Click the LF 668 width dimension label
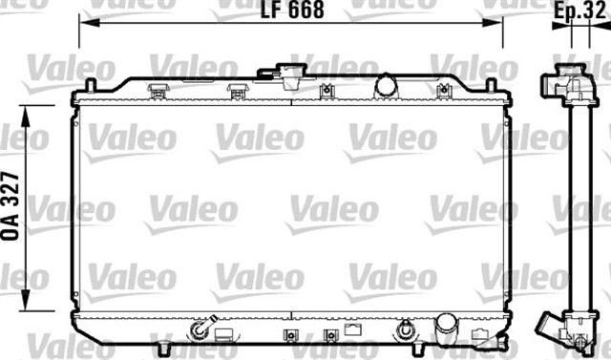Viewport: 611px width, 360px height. [x=292, y=11]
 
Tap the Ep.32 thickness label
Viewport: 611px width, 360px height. [x=579, y=11]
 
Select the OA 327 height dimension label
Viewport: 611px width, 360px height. [x=11, y=205]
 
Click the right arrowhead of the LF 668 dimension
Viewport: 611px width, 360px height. [x=493, y=23]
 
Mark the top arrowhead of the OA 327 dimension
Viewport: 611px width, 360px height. [x=26, y=116]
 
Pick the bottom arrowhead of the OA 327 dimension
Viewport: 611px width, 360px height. [x=26, y=301]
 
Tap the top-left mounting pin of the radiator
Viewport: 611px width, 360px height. [x=91, y=85]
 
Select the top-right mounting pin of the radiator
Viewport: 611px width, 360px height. [x=491, y=85]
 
